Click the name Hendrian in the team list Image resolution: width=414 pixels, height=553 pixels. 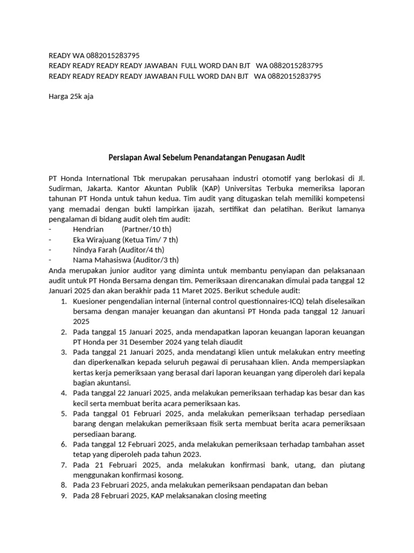click(88, 229)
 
